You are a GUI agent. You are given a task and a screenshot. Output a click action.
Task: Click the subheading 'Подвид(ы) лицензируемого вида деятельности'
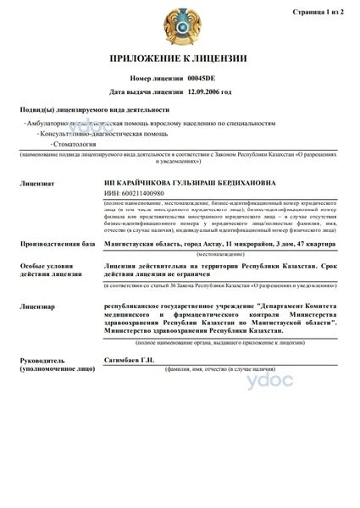tap(94, 110)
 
